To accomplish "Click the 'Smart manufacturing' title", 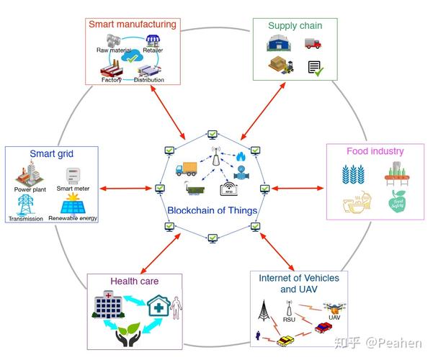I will pyautogui.click(x=132, y=24).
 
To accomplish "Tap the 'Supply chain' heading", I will pyautogui.click(x=295, y=26).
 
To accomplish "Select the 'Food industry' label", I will pyautogui.click(x=375, y=152).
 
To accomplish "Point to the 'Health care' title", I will pyautogui.click(x=134, y=281).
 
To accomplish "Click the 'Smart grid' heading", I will pyautogui.click(x=51, y=153).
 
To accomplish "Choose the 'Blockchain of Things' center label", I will pyautogui.click(x=213, y=211).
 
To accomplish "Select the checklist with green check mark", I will pyautogui.click(x=314, y=68).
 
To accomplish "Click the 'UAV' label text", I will pyautogui.click(x=334, y=317).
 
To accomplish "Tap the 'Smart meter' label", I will pyautogui.click(x=73, y=189).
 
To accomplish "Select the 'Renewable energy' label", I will pyautogui.click(x=73, y=217).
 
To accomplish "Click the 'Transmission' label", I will pyautogui.click(x=26, y=217).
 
